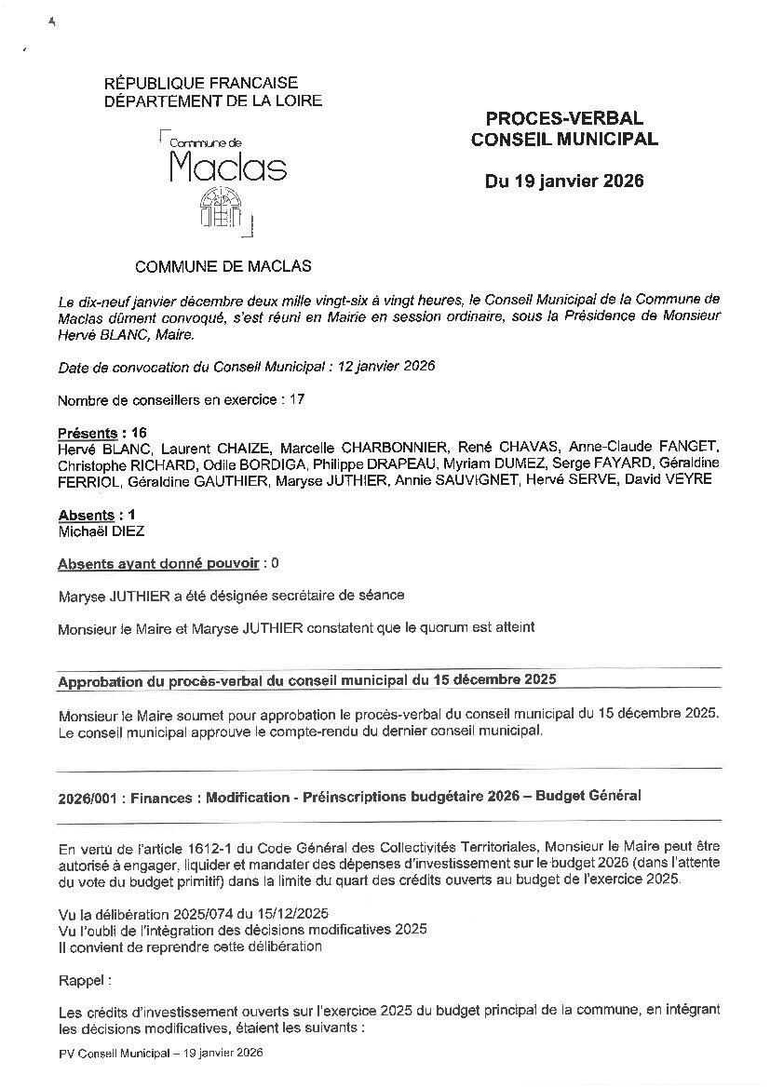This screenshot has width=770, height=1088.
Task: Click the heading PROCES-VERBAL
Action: (x=564, y=118)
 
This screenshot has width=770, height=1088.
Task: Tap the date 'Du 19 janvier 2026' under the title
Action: (x=564, y=181)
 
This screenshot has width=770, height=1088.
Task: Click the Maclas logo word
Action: (x=228, y=167)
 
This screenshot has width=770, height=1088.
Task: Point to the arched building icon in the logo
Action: (x=221, y=208)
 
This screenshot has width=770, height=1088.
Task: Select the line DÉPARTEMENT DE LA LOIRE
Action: (x=213, y=101)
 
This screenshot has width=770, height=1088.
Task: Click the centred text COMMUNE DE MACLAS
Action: (x=223, y=266)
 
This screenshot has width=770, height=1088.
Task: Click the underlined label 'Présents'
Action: (x=88, y=433)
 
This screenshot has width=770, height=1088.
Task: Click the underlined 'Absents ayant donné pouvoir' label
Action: (x=159, y=563)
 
